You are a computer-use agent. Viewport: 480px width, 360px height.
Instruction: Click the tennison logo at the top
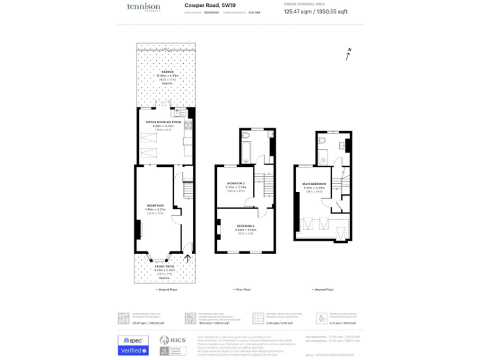(x=144, y=7)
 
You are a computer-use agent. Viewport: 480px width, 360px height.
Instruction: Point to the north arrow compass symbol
(x=348, y=54)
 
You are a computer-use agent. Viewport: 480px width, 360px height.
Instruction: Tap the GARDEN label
(x=167, y=72)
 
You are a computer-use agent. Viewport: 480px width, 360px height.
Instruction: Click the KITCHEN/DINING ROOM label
(x=163, y=122)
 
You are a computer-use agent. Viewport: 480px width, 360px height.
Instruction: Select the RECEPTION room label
(x=155, y=206)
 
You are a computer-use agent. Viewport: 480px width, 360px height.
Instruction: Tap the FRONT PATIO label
(x=164, y=267)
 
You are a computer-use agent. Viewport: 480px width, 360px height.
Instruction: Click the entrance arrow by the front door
(x=187, y=257)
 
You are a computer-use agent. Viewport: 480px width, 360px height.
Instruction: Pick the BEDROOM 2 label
(x=245, y=225)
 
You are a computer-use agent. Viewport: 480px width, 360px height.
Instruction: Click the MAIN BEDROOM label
(x=314, y=184)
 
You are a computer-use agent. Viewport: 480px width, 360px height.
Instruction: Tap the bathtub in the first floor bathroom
(x=245, y=149)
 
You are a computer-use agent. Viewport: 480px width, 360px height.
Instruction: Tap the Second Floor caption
(x=322, y=289)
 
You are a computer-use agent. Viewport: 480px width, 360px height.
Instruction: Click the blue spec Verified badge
(x=134, y=345)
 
